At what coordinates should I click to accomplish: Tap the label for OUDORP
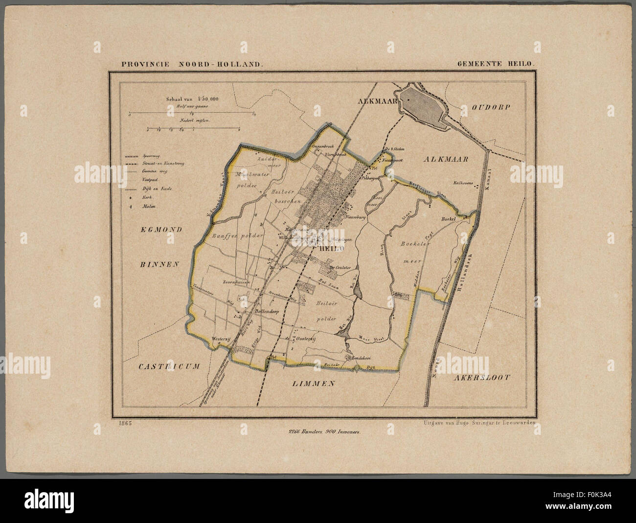point(495,106)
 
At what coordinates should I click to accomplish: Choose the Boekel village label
point(448,219)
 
